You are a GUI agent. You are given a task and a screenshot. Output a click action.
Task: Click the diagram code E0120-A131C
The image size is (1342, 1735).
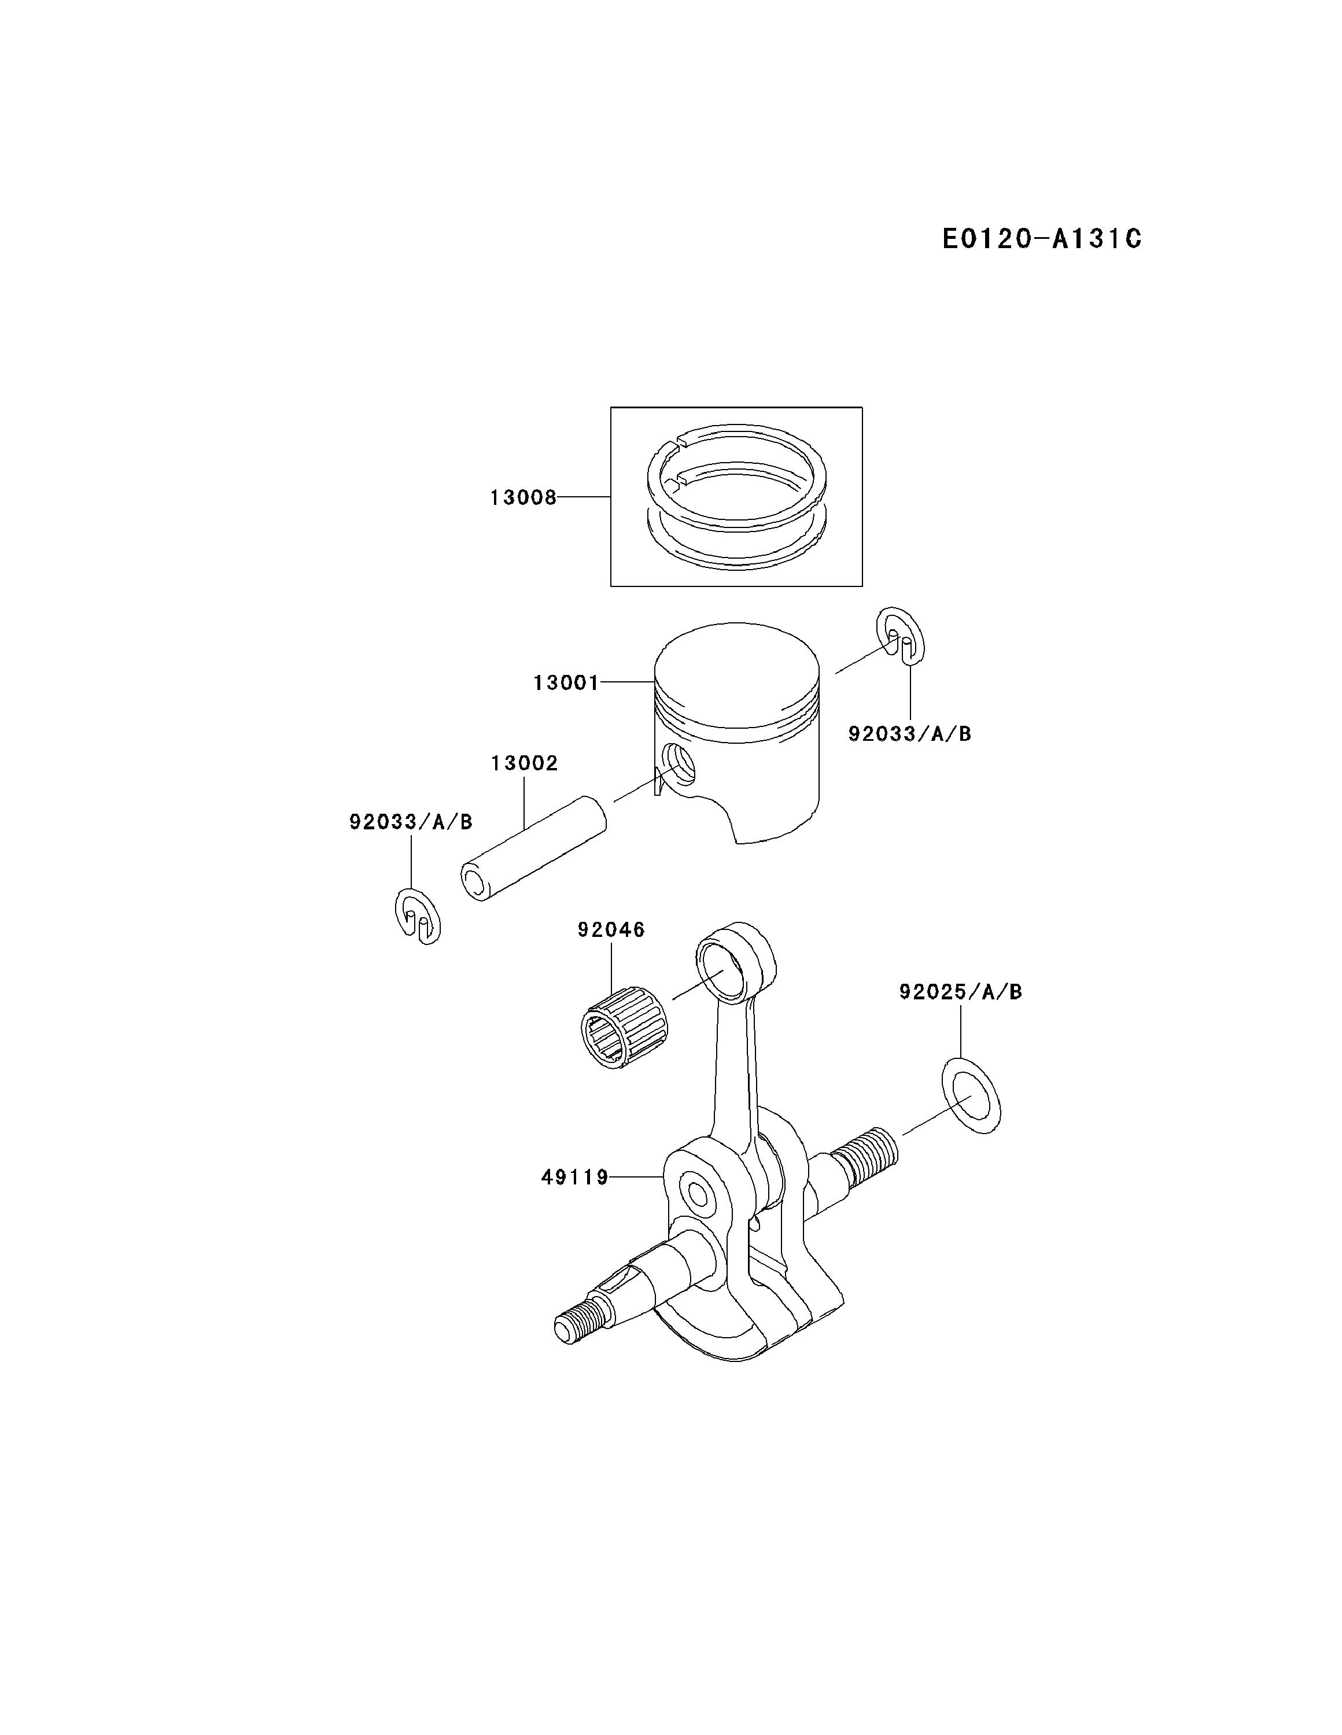(x=1042, y=238)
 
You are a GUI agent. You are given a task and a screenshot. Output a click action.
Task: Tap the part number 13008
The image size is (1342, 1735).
(x=523, y=498)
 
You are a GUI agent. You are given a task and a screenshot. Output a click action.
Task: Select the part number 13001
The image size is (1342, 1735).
(x=566, y=682)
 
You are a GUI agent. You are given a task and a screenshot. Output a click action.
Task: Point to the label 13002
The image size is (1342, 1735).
(x=525, y=763)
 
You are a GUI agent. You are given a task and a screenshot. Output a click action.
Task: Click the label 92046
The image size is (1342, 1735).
(x=611, y=929)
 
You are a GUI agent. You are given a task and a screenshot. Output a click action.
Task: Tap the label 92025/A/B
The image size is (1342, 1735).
(x=961, y=992)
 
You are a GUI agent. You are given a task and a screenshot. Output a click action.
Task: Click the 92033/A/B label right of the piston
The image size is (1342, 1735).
(x=910, y=733)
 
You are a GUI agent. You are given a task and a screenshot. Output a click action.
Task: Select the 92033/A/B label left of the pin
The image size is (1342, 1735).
(x=411, y=821)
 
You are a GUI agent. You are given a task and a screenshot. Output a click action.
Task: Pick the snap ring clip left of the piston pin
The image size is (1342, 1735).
(x=417, y=916)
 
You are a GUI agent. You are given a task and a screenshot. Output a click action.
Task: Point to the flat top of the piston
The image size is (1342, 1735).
(x=736, y=674)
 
